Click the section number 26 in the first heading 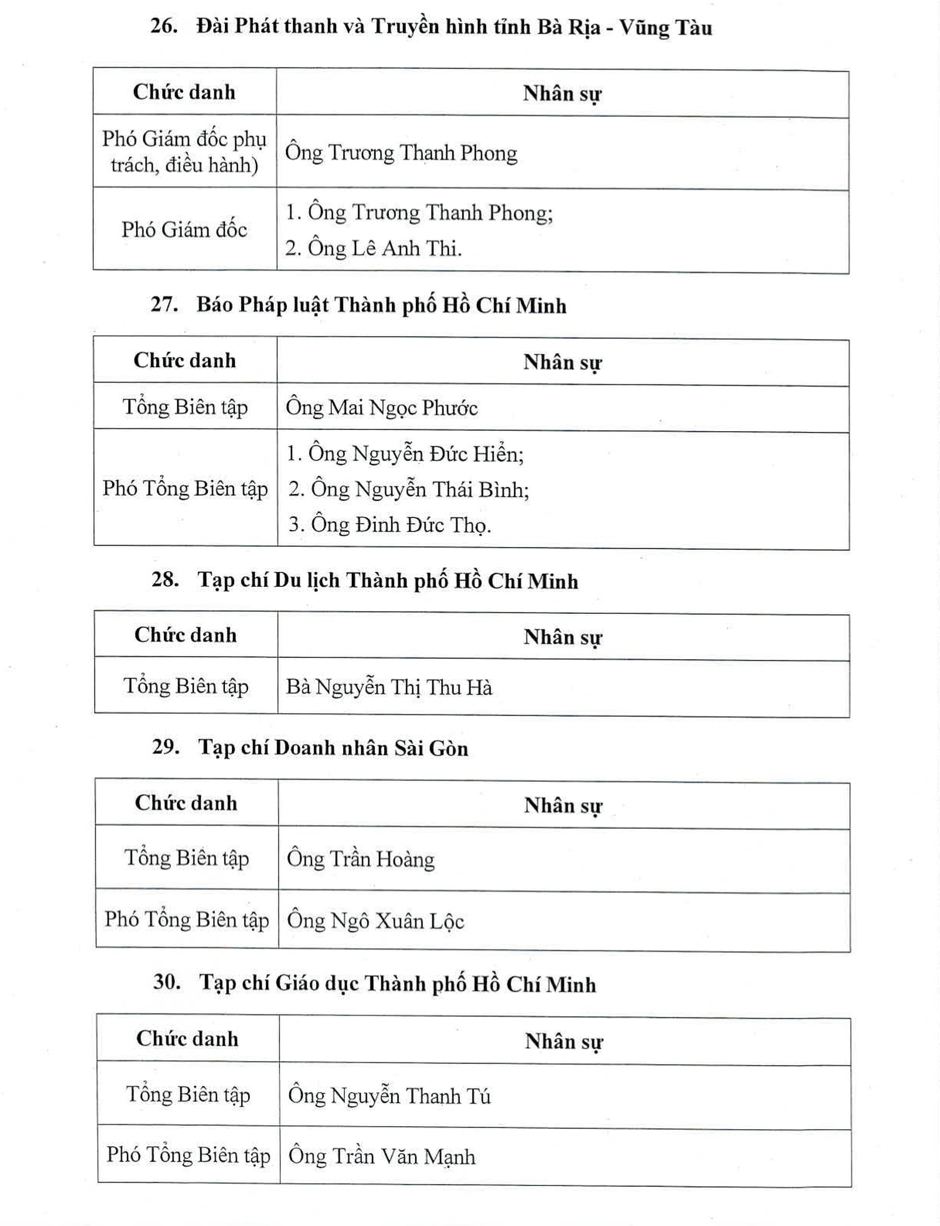click(x=163, y=26)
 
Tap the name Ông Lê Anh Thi click(x=374, y=248)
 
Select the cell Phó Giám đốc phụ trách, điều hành click(x=184, y=152)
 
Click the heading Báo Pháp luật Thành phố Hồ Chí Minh click(x=381, y=305)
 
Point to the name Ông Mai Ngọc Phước click(x=381, y=408)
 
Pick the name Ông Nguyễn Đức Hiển click(x=405, y=454)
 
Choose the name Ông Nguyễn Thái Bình click(x=409, y=489)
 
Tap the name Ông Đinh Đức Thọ click(x=390, y=525)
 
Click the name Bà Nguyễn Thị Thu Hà click(x=389, y=687)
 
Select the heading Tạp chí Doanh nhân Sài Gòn click(x=333, y=748)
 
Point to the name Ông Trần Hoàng click(x=361, y=859)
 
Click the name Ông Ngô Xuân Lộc click(x=375, y=921)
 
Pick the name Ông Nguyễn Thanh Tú click(x=389, y=1096)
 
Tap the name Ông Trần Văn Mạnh click(x=382, y=1157)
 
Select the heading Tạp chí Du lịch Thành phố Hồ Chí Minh click(x=388, y=580)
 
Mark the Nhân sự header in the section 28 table click(x=563, y=637)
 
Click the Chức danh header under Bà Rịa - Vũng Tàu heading click(x=184, y=92)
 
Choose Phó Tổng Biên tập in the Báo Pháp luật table click(x=185, y=489)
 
